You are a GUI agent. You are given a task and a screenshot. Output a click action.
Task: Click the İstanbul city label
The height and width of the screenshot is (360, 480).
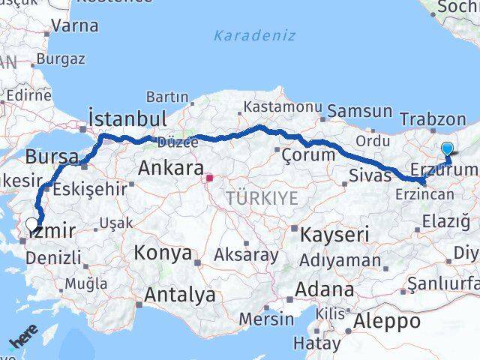click(x=127, y=118)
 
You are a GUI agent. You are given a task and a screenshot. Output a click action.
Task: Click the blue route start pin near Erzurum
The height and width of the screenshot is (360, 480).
click(x=448, y=149)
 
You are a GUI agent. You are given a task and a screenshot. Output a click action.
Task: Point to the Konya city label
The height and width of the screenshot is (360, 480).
click(x=163, y=253)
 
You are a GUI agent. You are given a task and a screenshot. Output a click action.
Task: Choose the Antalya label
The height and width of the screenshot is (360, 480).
click(x=179, y=295)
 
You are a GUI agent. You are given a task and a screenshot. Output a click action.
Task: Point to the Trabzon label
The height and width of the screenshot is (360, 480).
click(x=433, y=118)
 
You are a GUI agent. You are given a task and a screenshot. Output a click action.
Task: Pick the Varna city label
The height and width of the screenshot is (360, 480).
click(x=75, y=25)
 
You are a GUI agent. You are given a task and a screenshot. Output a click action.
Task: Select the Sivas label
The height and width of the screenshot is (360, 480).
click(x=370, y=175)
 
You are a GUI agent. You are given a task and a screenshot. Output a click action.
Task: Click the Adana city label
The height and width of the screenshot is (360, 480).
click(x=325, y=289)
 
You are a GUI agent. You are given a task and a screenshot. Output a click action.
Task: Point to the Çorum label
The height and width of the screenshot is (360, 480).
click(x=307, y=154)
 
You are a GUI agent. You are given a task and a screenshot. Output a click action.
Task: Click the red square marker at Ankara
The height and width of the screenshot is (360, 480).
click(x=210, y=178)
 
